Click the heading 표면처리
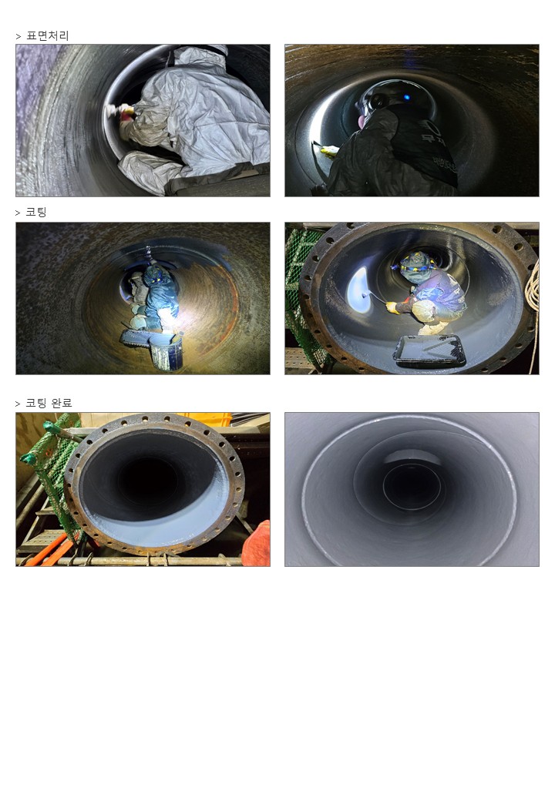pyautogui.click(x=48, y=35)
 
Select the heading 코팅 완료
pyautogui.click(x=49, y=403)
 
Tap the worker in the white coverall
pyautogui.click(x=194, y=118)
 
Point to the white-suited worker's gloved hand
pyautogui.click(x=122, y=110)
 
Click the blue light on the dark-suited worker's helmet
pyautogui.click(x=407, y=97)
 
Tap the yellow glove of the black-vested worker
pyautogui.click(x=330, y=149)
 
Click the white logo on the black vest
pyautogui.click(x=430, y=131)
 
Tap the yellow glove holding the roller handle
pyautogui.click(x=392, y=307)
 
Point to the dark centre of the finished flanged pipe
pyautogui.click(x=147, y=481)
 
